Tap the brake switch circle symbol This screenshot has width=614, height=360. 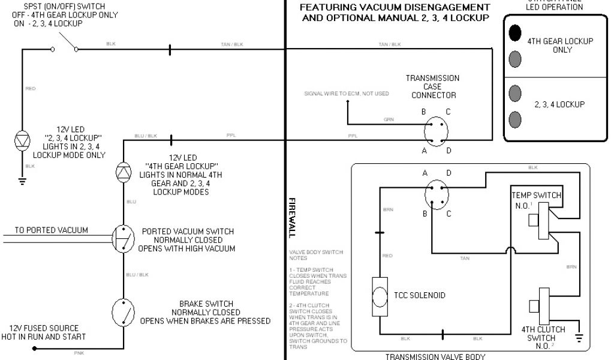(x=124, y=311)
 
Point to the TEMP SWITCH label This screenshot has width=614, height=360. (x=536, y=195)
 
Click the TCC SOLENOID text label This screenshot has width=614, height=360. (x=420, y=296)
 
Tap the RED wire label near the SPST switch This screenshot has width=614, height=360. (x=31, y=89)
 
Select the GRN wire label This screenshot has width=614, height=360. (x=389, y=120)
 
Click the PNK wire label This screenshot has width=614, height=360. (x=79, y=353)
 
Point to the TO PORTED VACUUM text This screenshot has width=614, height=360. (x=51, y=230)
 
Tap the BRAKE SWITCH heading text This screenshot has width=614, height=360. (x=206, y=304)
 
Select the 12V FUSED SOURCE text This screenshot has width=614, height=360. (x=44, y=328)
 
